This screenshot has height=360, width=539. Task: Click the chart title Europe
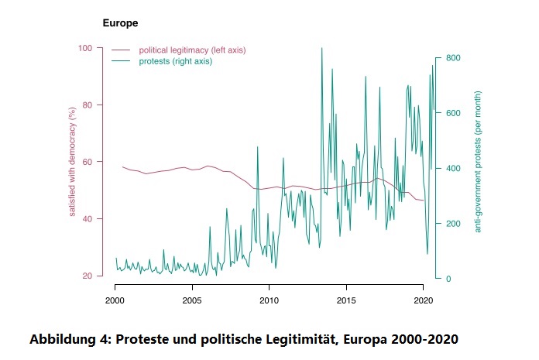[x=120, y=23]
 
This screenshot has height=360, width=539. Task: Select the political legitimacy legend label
[x=192, y=50]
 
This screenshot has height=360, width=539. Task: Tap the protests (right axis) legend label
[x=175, y=61]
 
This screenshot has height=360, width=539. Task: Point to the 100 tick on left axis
[x=85, y=48]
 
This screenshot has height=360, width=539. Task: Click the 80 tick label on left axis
[x=88, y=105]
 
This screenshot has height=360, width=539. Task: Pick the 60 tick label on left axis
[x=88, y=162]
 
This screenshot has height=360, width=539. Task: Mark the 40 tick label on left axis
[x=88, y=219]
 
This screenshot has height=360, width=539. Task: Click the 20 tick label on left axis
[x=88, y=276]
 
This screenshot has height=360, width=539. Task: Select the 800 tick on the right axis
[x=453, y=58]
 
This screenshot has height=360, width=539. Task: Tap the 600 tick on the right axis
[x=453, y=113]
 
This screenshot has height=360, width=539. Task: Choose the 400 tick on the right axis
[x=453, y=168]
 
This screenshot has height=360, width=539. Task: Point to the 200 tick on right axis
[x=453, y=224]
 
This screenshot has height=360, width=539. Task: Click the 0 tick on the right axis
[x=448, y=279]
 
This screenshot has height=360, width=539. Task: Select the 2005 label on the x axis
[x=192, y=300]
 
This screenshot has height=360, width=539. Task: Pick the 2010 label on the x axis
[x=269, y=300]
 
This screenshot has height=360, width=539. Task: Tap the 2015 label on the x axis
[x=346, y=300]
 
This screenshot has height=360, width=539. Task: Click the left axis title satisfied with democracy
[x=72, y=162]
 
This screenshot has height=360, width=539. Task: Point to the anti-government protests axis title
[x=478, y=162]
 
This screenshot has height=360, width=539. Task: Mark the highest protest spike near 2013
[x=321, y=49]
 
